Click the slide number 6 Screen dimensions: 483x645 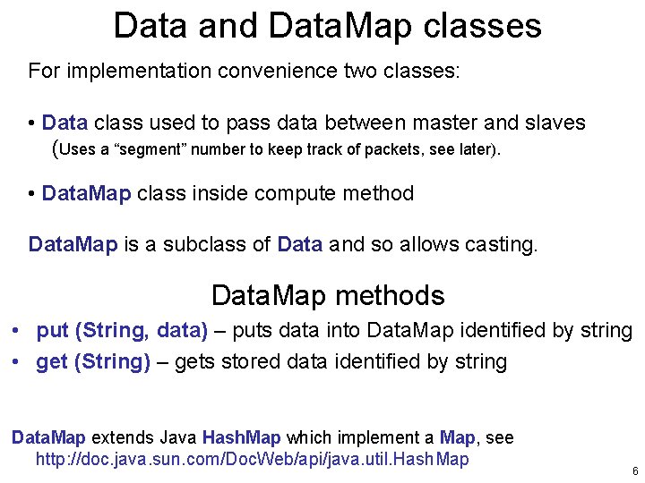coord(634,471)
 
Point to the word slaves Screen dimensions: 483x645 coord(556,123)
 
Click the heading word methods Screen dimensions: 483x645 coord(400,295)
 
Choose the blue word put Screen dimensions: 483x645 coord(52,331)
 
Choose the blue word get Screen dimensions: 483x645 coord(52,362)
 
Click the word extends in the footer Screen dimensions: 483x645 coord(122,437)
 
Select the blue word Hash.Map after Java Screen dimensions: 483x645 coord(241,437)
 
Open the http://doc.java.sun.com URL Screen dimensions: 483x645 coord(252,460)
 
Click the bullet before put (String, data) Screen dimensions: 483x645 coord(17,331)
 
